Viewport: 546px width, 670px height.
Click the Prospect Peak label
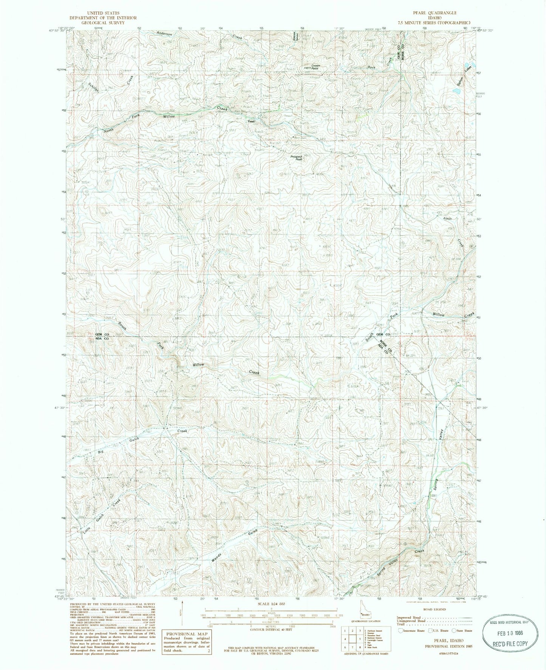click(297, 158)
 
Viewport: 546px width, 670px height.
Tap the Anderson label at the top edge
click(164, 34)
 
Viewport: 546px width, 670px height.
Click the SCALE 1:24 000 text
click(271, 604)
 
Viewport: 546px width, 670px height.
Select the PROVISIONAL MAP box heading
click(186, 634)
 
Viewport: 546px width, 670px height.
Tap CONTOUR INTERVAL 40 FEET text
click(271, 629)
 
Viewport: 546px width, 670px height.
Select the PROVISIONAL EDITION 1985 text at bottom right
click(449, 646)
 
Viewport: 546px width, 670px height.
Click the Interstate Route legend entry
click(412, 631)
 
